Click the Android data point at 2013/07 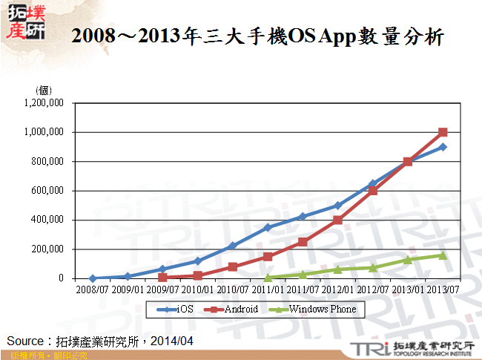click(x=443, y=132)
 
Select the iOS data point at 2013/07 click(x=443, y=147)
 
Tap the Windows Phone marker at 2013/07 click(x=443, y=255)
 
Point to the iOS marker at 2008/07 click(x=93, y=278)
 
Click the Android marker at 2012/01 click(x=337, y=220)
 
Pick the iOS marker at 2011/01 click(x=268, y=227)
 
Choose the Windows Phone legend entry click(x=315, y=309)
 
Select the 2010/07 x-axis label click(x=232, y=288)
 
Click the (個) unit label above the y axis click(x=44, y=91)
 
